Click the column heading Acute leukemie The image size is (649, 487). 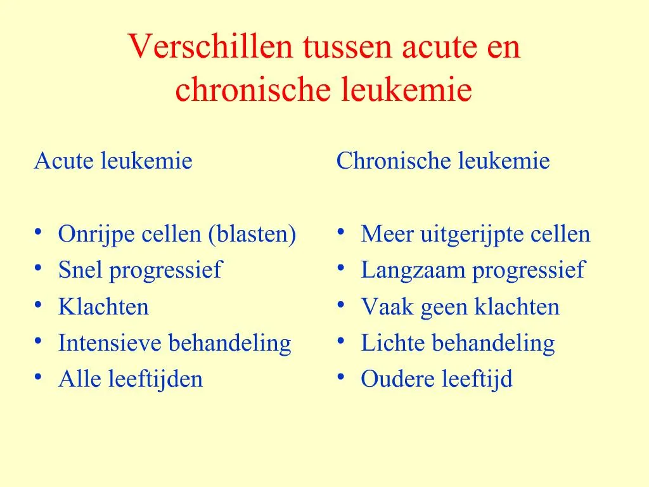coord(113,161)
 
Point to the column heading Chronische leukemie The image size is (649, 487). coord(443,161)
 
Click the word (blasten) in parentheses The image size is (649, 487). coord(252,235)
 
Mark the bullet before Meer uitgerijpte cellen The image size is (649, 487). coord(342,233)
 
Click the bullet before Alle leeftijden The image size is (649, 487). coord(39,378)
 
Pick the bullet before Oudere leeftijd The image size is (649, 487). coord(342,378)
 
